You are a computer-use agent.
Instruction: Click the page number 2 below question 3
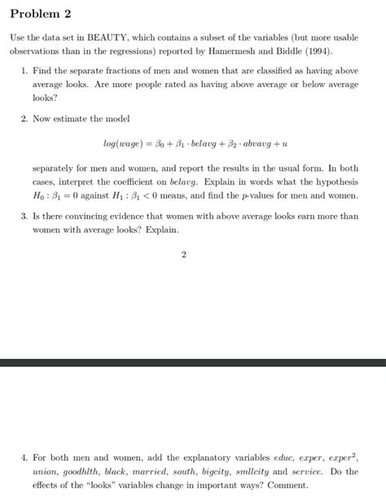(184, 255)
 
